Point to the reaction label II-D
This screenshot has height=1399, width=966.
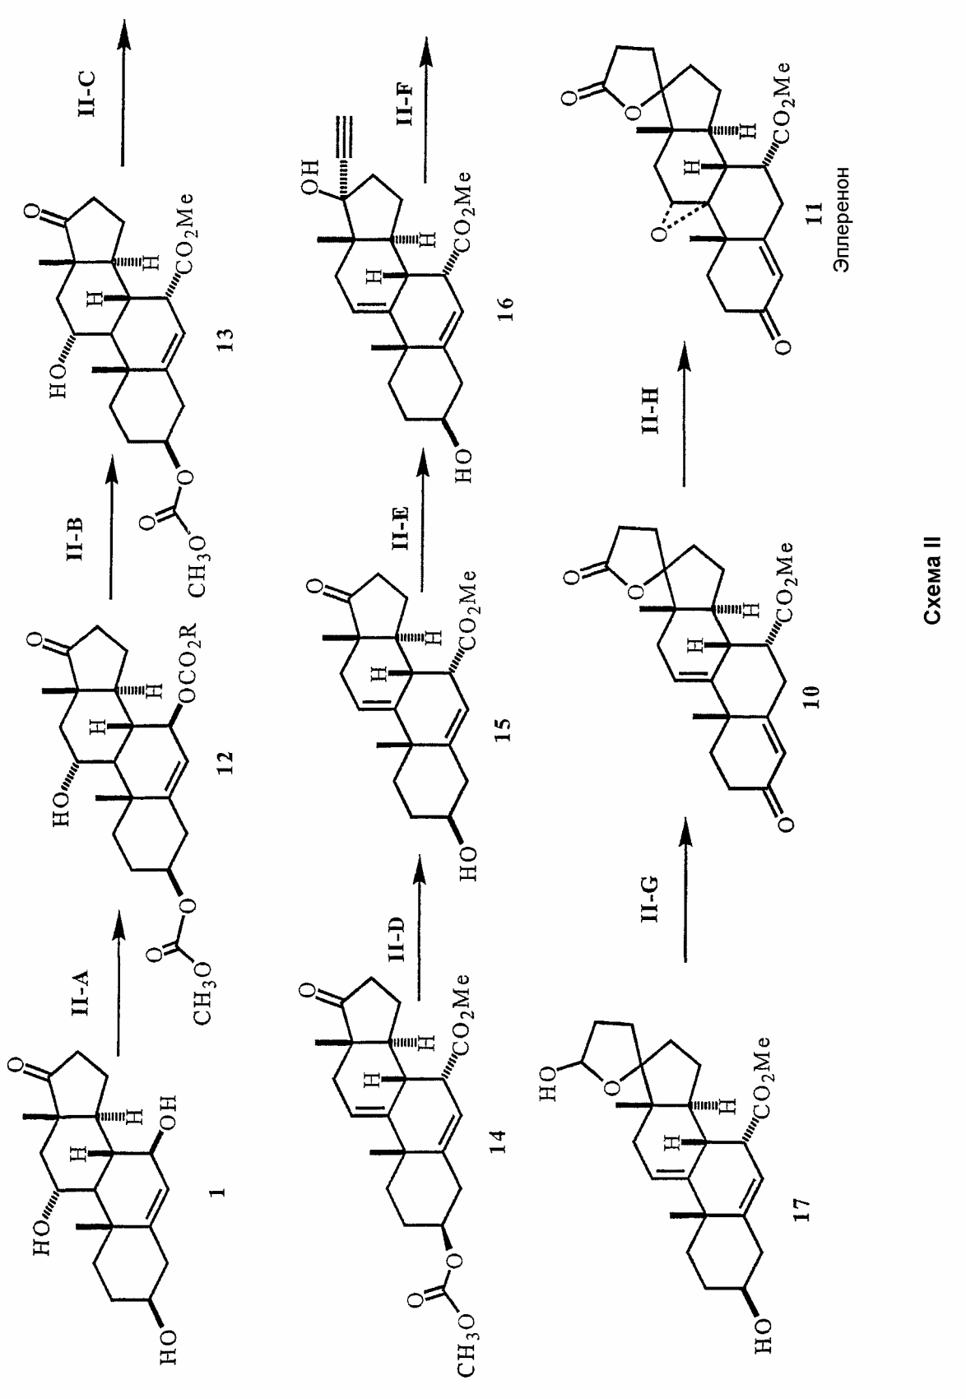395,941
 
